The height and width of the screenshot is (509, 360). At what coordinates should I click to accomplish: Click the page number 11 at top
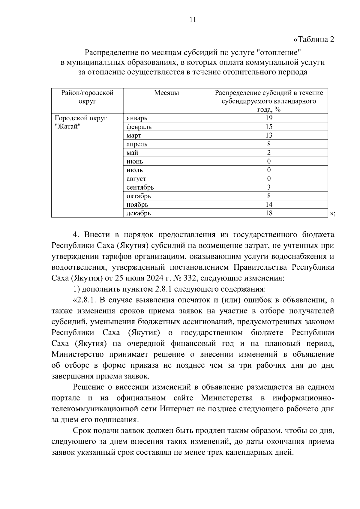(193, 20)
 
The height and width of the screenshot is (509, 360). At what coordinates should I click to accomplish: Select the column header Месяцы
(166, 93)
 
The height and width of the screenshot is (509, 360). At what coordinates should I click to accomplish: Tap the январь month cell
(137, 118)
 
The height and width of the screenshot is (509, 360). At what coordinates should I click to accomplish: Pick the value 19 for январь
(269, 118)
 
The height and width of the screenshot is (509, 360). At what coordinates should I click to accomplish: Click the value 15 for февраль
(269, 127)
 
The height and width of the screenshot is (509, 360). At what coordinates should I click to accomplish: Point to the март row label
(134, 136)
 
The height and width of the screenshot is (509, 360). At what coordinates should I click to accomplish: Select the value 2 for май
(269, 153)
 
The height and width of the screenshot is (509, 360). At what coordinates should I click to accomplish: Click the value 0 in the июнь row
(269, 161)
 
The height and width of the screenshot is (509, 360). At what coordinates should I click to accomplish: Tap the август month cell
(136, 179)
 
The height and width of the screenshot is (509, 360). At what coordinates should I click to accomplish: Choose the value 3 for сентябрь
(269, 187)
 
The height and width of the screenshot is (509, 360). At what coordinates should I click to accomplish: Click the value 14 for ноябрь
(269, 205)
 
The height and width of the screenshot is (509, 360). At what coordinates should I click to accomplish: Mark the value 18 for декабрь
(269, 213)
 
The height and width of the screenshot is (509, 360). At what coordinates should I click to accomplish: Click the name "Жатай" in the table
(69, 127)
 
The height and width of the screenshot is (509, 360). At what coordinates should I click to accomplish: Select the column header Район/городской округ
(87, 97)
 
